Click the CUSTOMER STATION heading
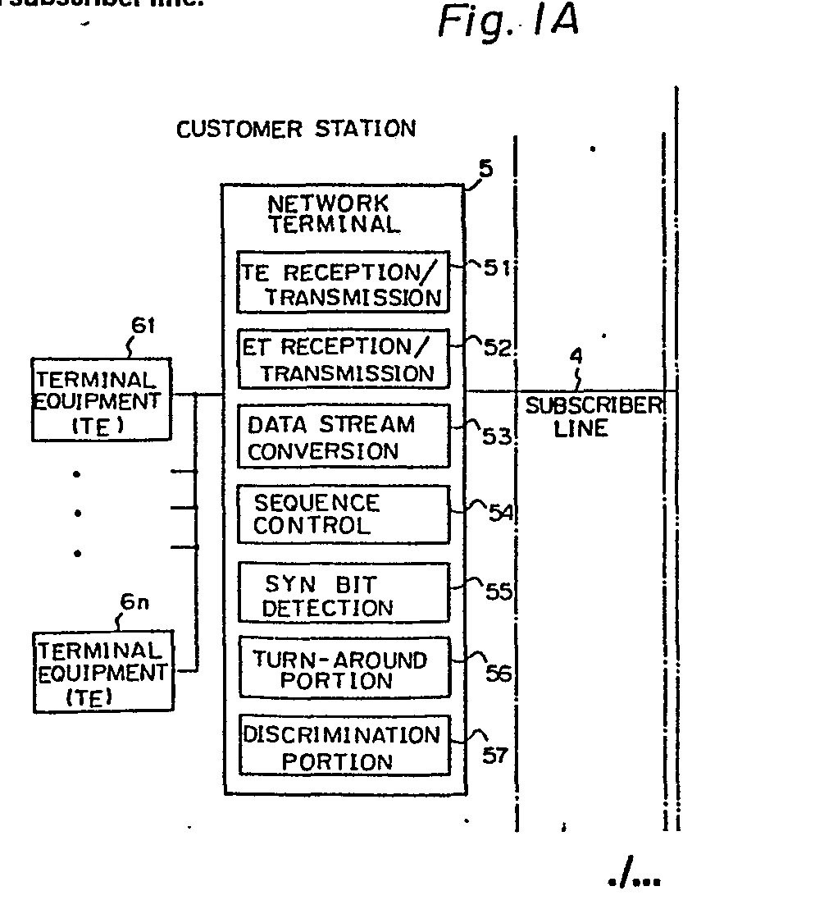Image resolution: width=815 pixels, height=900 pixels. click(296, 129)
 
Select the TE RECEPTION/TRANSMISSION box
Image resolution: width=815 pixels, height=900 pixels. click(344, 283)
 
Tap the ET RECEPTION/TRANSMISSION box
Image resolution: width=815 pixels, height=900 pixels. click(344, 359)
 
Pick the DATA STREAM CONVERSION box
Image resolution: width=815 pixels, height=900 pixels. click(344, 436)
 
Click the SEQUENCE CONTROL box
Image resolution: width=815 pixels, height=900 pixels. click(344, 514)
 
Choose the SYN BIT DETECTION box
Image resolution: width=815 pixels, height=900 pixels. click(344, 592)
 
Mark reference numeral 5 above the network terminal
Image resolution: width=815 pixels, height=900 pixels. click(485, 170)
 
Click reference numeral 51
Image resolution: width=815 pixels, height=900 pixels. click(495, 268)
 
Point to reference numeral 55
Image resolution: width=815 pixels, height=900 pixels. click(498, 592)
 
